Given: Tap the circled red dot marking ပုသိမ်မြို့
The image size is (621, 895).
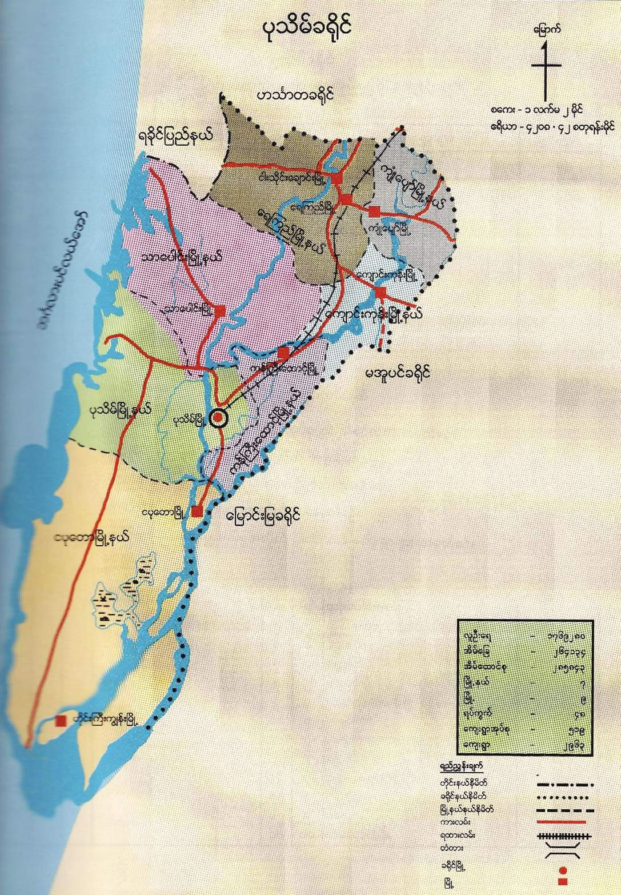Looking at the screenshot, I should (218, 418).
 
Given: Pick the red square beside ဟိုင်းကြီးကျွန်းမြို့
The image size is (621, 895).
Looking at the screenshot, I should (60, 721).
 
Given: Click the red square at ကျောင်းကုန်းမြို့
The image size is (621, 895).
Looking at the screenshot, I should (381, 293).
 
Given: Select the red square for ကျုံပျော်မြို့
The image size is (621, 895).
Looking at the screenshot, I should (374, 212).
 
